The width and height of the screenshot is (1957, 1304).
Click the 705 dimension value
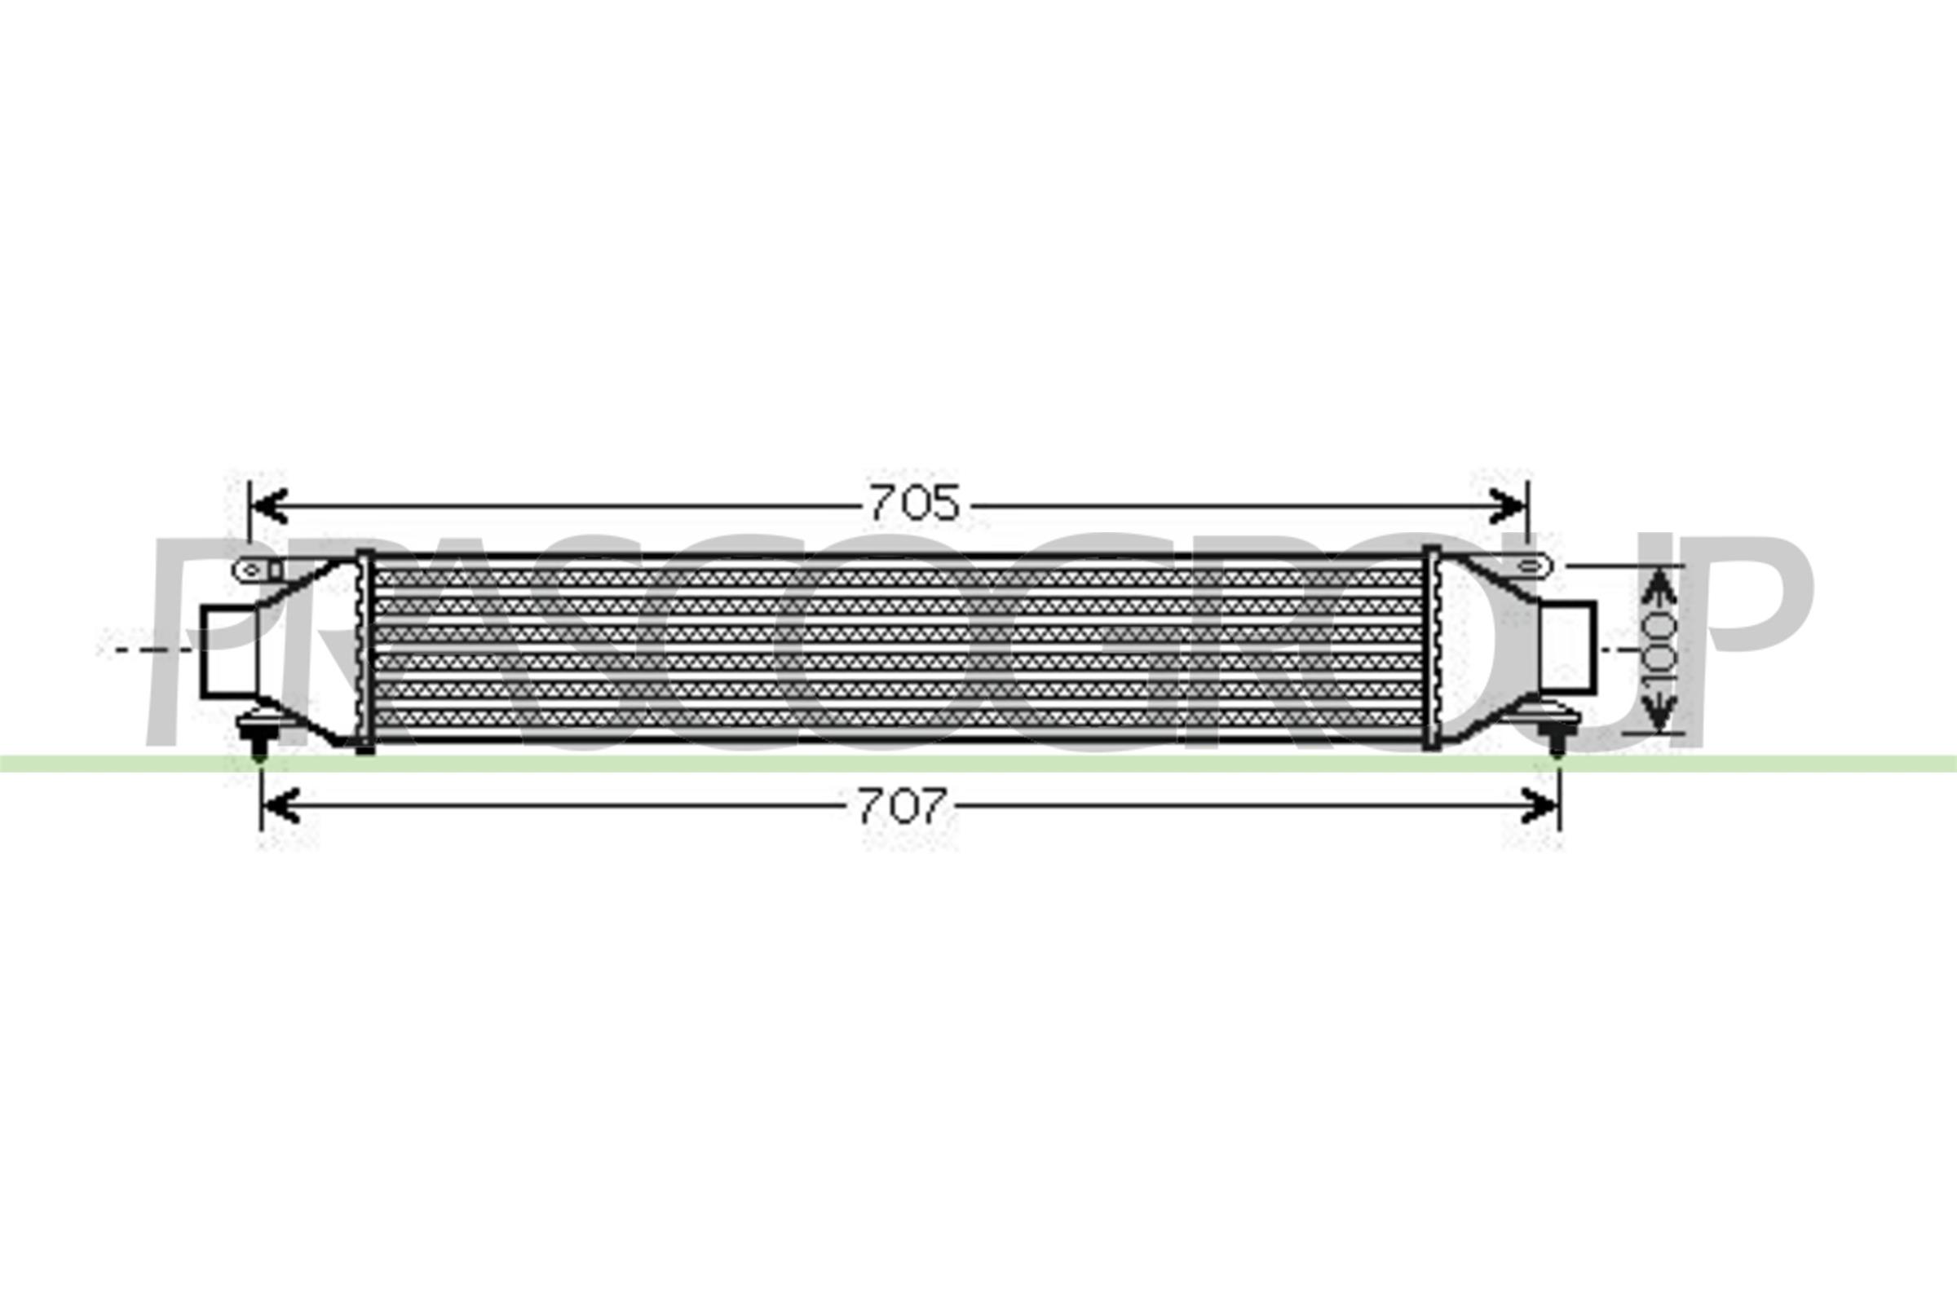click(914, 503)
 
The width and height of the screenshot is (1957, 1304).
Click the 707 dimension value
click(903, 806)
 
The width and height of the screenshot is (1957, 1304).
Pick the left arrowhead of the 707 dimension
click(281, 807)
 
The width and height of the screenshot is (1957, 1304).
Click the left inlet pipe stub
click(228, 651)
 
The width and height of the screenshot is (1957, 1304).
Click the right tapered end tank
click(1485, 649)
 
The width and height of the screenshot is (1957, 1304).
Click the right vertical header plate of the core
click(1431, 649)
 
